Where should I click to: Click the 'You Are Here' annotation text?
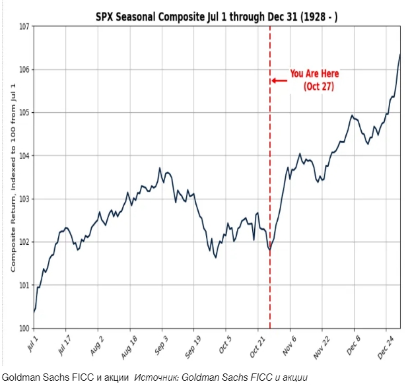point(314,74)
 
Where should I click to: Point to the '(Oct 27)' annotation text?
point(318,87)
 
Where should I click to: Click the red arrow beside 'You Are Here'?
point(279,80)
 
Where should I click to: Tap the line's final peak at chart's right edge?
point(400,55)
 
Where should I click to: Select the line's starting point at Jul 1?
point(34,311)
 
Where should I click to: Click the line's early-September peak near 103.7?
point(160,168)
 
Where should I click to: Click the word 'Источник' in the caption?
point(156,377)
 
